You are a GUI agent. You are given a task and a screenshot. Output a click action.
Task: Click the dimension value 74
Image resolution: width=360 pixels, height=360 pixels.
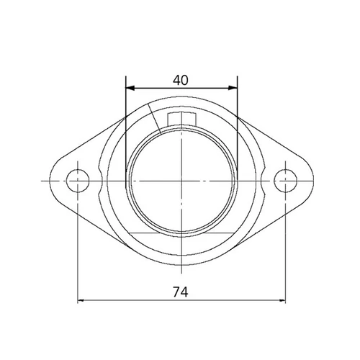pyautogui.click(x=181, y=292)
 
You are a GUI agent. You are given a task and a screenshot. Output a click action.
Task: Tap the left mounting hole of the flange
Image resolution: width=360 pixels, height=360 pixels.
pyautogui.click(x=76, y=179)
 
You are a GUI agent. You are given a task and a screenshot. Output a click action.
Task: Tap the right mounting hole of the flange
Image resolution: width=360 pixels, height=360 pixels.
pyautogui.click(x=287, y=179)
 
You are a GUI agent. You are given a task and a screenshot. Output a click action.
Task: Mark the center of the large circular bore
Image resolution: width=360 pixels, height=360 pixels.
pyautogui.click(x=181, y=179)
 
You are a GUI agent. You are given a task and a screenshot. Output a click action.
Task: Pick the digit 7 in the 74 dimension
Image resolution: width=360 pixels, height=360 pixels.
pyautogui.click(x=177, y=292)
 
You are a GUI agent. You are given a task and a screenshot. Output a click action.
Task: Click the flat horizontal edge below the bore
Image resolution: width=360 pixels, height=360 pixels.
pyautogui.click(x=181, y=235)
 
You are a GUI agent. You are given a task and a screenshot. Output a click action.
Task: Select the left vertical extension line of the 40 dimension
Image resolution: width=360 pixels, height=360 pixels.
pyautogui.click(x=125, y=130)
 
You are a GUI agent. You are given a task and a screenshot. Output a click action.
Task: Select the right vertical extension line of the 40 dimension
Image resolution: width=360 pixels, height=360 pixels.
pyautogui.click(x=238, y=130)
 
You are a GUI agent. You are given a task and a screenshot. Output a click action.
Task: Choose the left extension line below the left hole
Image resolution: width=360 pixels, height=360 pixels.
pyautogui.click(x=76, y=252)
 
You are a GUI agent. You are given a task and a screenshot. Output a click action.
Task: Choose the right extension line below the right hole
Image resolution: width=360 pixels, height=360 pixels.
pyautogui.click(x=287, y=252)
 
